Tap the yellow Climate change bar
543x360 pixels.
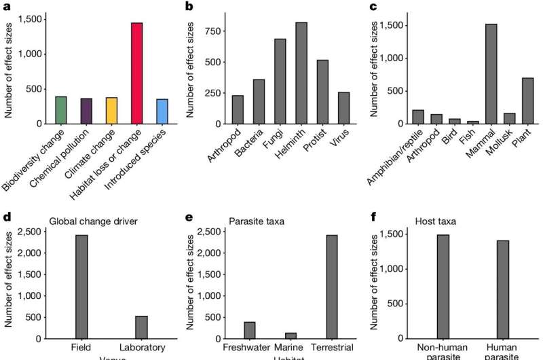[x=111, y=111]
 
